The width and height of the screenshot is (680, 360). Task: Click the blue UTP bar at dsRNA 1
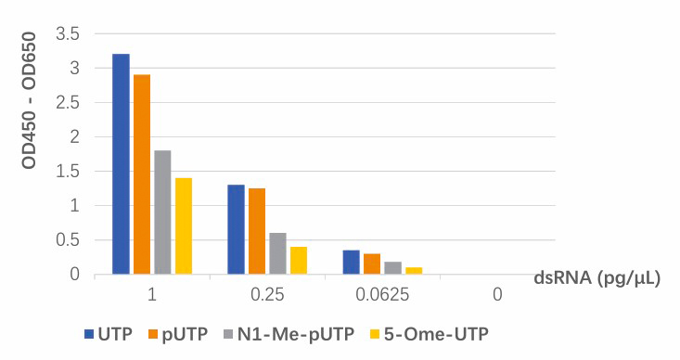click(121, 164)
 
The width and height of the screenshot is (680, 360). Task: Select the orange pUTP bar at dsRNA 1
click(142, 174)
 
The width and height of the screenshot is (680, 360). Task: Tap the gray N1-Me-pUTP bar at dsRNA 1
click(162, 212)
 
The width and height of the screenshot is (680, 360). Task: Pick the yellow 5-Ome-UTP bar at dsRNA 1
click(184, 226)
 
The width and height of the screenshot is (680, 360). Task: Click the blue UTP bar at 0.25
click(236, 229)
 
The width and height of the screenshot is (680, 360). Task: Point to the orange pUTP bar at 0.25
click(257, 231)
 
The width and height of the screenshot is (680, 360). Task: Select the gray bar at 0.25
click(278, 253)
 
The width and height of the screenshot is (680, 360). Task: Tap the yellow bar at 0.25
click(299, 260)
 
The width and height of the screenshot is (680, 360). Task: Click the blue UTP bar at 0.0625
click(352, 262)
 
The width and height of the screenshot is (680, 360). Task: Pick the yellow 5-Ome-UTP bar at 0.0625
click(414, 271)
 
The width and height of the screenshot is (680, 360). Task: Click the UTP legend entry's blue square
click(89, 334)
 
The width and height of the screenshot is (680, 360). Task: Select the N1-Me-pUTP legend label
click(296, 334)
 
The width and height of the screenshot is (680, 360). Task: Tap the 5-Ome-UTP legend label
click(436, 334)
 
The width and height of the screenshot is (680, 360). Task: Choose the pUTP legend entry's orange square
click(154, 334)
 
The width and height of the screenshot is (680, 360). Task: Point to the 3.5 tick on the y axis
click(68, 33)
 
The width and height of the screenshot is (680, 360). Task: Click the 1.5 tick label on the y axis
click(68, 172)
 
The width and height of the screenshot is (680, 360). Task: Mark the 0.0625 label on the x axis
click(382, 295)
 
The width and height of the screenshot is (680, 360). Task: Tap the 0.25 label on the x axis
click(267, 295)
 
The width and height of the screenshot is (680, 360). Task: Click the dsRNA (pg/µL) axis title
click(597, 277)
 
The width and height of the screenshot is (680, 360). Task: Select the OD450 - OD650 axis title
click(29, 100)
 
